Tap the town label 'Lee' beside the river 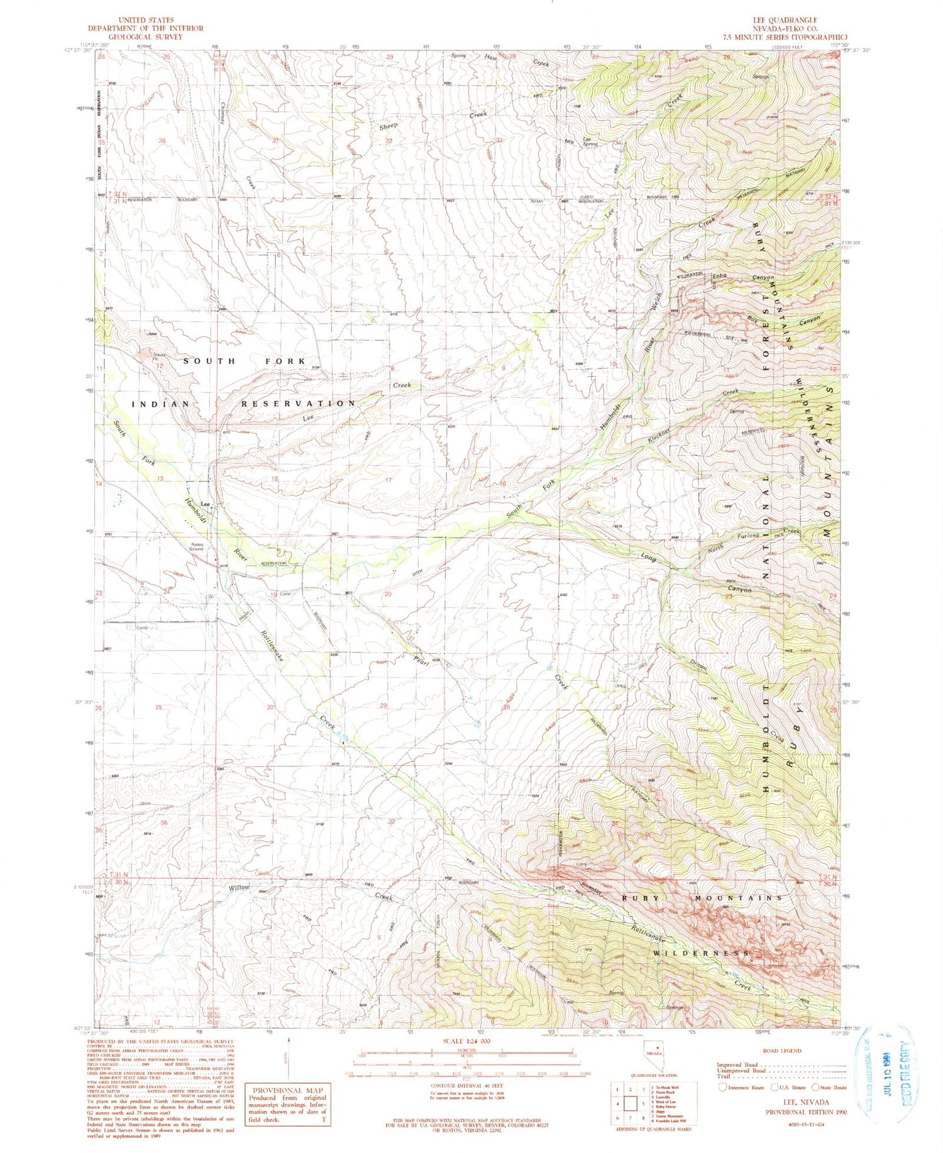tap(205, 504)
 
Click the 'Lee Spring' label tap(590, 141)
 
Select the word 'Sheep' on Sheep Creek tap(388, 126)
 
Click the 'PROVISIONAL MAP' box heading tap(287, 1091)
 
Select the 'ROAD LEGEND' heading tap(781, 1051)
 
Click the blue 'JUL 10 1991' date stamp tap(889, 1079)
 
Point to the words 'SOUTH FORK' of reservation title tap(244, 361)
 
